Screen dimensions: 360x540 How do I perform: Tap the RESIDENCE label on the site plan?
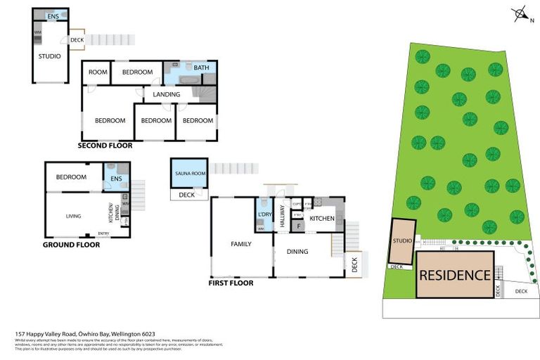(x=455, y=275)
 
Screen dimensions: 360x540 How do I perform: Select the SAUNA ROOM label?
(x=189, y=173)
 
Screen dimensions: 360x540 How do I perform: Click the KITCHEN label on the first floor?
(x=322, y=219)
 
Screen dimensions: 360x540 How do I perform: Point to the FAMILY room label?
(x=241, y=244)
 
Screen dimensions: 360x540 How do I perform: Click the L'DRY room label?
(x=264, y=214)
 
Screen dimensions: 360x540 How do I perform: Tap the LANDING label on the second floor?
(x=167, y=94)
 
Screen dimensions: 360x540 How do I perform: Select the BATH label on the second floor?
(x=202, y=68)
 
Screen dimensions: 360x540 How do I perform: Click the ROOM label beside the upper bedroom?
(x=98, y=72)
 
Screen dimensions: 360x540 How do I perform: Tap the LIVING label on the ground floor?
(x=74, y=216)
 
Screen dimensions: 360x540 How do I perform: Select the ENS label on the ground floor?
(x=115, y=179)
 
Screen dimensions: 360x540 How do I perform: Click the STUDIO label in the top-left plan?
(x=49, y=56)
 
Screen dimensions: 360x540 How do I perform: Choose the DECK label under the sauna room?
(x=187, y=195)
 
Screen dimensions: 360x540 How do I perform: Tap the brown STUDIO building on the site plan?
(x=403, y=241)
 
